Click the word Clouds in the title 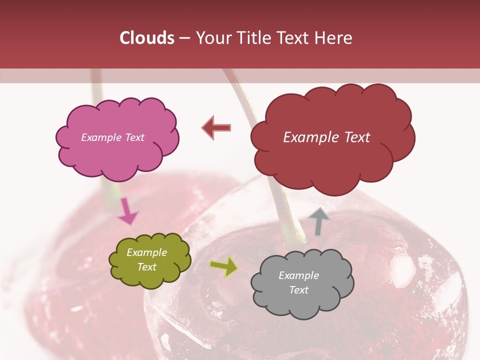[147, 38]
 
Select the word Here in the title [334, 38]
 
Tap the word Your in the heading [213, 38]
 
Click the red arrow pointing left [217, 128]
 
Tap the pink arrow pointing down [127, 211]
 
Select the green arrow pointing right [223, 267]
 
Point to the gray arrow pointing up [319, 221]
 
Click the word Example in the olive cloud [147, 253]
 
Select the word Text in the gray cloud [299, 290]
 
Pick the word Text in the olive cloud [147, 267]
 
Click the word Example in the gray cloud [299, 275]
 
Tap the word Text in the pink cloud [134, 137]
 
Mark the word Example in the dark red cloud [310, 137]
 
